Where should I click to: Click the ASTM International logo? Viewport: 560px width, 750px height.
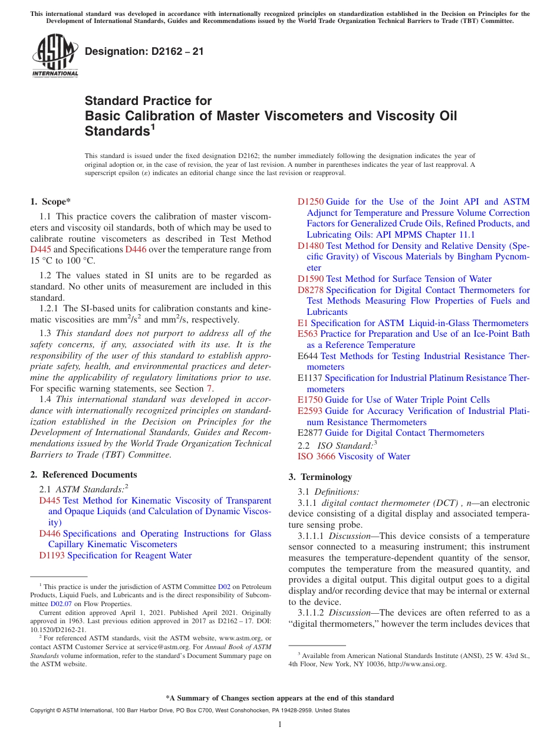click(x=55, y=56)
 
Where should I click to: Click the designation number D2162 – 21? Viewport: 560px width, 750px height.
click(x=144, y=51)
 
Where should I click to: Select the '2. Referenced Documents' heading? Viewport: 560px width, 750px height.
click(x=84, y=475)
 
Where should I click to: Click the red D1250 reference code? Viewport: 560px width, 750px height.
click(x=311, y=202)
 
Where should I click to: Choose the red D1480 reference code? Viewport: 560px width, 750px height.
click(x=311, y=245)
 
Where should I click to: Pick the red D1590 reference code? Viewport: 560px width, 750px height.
click(x=311, y=279)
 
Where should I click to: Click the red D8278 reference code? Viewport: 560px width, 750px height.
click(x=311, y=290)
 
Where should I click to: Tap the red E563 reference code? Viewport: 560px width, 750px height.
click(x=308, y=334)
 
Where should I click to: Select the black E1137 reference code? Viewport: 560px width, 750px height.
click(x=310, y=378)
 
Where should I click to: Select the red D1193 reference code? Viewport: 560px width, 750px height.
click(x=52, y=555)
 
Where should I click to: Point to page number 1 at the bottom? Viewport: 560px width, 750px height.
click(x=280, y=724)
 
